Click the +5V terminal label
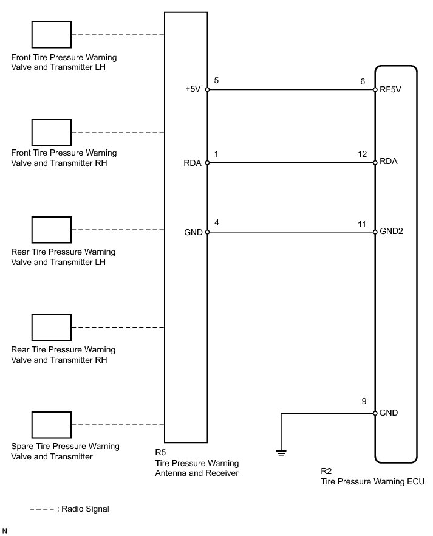(194, 89)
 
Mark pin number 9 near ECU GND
(364, 401)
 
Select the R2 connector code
(326, 471)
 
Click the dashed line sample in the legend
(41, 509)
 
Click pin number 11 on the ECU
(362, 224)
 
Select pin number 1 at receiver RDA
(217, 155)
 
